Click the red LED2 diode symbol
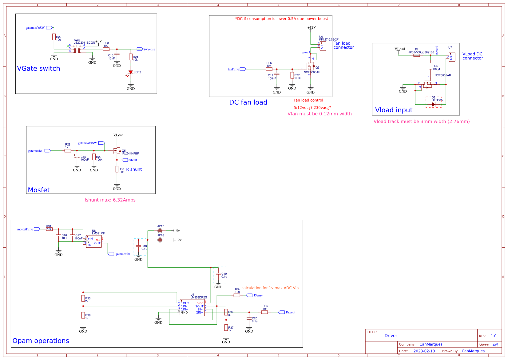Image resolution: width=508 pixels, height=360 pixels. point(131,72)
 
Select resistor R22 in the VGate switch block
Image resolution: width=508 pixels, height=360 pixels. point(54,37)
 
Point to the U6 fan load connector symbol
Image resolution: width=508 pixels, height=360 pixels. point(323,46)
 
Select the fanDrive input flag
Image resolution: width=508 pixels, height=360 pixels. point(243,69)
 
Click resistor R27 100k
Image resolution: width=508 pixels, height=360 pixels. point(292,75)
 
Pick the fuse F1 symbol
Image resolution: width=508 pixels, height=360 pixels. point(417,55)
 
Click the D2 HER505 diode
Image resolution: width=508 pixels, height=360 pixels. point(433,104)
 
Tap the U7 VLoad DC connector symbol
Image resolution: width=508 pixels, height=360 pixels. point(452,57)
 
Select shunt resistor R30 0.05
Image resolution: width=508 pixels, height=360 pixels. point(117,169)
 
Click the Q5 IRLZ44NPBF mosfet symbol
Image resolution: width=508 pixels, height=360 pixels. point(117,150)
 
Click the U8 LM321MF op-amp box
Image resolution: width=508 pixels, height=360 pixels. point(94,242)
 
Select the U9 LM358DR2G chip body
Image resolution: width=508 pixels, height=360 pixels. point(192,308)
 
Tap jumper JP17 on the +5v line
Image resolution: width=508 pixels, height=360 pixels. point(160,231)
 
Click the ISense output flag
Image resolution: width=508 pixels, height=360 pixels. point(249,295)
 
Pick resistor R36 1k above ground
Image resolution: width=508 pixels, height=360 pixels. point(83,315)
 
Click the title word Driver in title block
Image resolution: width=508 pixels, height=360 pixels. point(391,336)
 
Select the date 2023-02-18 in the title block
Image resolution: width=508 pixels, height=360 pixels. point(424,351)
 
